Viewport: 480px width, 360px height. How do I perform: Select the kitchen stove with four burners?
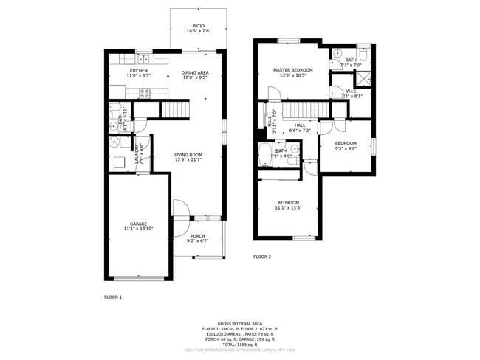145,93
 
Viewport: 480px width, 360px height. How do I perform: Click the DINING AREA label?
195,72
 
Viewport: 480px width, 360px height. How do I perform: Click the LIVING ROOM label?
188,155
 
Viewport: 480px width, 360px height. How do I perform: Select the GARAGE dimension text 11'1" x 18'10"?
139,229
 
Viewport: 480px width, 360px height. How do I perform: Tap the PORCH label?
197,236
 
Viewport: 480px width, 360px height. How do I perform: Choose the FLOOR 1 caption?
112,297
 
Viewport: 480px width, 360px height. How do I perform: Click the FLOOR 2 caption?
262,257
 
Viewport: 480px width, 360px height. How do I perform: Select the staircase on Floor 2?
305,110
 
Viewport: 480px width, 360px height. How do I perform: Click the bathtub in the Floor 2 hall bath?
266,157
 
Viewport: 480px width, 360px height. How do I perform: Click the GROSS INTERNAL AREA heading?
240,323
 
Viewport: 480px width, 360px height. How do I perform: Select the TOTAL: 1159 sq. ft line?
240,345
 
